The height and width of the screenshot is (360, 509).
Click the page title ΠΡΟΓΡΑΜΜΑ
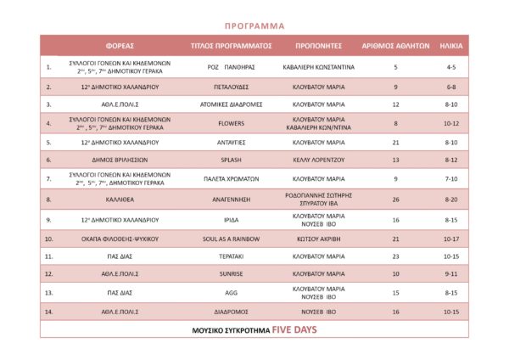click(x=255, y=25)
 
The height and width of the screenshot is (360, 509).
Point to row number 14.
click(x=49, y=312)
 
